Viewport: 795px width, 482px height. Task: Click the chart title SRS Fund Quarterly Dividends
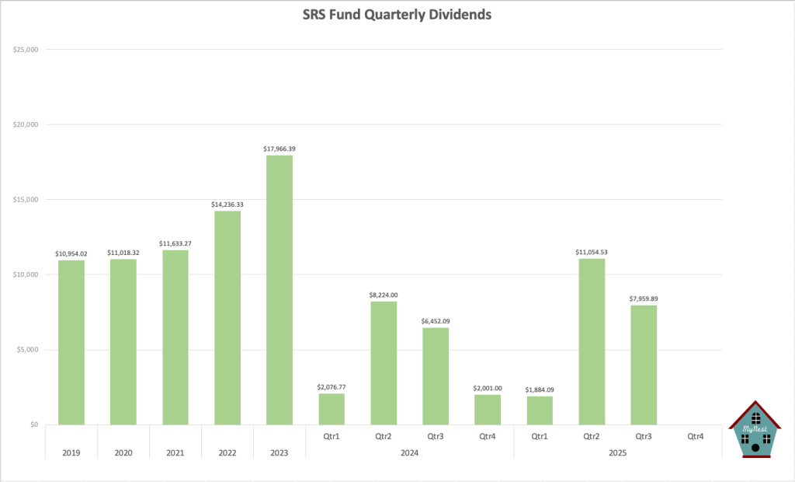click(x=397, y=15)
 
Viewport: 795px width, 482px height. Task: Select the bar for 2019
click(x=71, y=342)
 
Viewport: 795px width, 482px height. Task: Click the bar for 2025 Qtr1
click(x=540, y=410)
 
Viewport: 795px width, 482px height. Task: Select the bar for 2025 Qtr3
click(x=644, y=365)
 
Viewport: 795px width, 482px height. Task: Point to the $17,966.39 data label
click(x=279, y=148)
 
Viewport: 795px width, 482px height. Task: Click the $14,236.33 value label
click(x=227, y=204)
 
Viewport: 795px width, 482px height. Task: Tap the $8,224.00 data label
click(x=384, y=295)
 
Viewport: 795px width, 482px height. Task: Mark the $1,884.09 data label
click(x=540, y=389)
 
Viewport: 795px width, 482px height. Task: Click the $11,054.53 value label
click(x=592, y=252)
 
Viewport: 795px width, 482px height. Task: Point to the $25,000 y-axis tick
click(x=26, y=50)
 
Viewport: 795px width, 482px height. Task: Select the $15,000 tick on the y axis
click(x=26, y=200)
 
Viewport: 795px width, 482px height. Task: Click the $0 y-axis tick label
click(x=33, y=424)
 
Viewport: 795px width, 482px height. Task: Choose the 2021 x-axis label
click(x=175, y=452)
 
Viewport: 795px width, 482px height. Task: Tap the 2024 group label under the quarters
click(x=409, y=452)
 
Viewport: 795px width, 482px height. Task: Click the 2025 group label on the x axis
click(x=617, y=452)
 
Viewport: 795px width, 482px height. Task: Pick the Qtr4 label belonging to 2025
click(x=696, y=437)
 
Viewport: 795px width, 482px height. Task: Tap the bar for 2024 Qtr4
click(x=488, y=410)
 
